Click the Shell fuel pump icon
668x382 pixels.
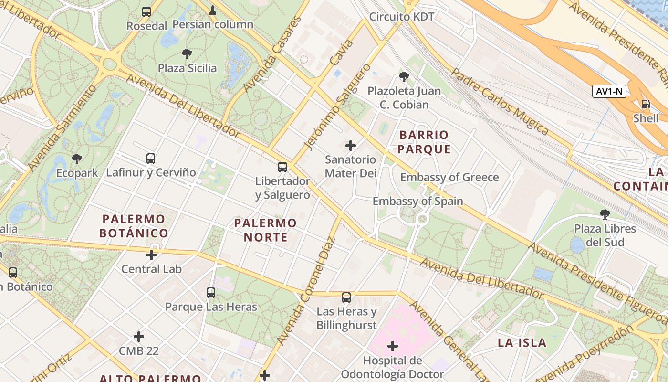[x=646, y=104]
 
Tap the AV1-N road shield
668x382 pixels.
[x=609, y=91]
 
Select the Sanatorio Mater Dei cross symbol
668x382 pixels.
[x=351, y=146]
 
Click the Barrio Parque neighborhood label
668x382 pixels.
[x=424, y=142]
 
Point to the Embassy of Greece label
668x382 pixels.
[x=449, y=178]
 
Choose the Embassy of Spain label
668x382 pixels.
[x=417, y=201]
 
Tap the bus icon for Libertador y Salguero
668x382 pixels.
[x=282, y=167]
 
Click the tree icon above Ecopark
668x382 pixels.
[x=76, y=159]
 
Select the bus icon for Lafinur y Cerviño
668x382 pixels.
[x=151, y=158]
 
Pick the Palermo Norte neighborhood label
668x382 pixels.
[x=265, y=230]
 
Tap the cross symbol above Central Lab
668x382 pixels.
[x=151, y=255]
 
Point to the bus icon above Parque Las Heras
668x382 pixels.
[x=211, y=292]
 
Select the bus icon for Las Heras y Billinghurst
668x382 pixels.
[x=346, y=297]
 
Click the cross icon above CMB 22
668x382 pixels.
[x=139, y=337]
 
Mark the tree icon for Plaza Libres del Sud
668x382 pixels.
[x=605, y=214]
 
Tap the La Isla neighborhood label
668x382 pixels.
[x=522, y=342]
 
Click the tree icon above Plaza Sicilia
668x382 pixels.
[x=187, y=54]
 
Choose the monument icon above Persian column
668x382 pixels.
[x=213, y=10]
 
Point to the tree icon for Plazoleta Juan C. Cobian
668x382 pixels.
[x=404, y=76]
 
